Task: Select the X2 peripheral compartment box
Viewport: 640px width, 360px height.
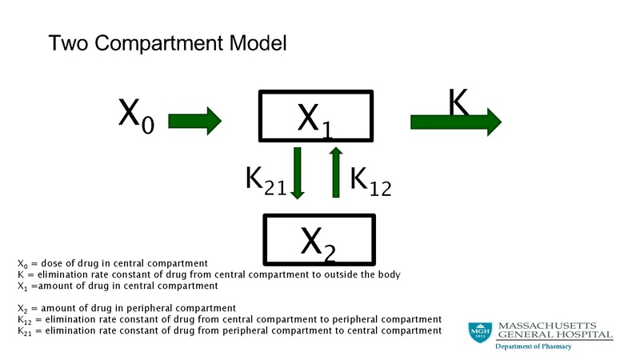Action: pos(319,238)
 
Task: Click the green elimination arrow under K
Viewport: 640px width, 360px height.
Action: pos(455,122)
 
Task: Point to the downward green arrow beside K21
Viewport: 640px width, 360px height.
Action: pos(297,172)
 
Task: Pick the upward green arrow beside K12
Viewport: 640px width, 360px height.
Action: pos(337,172)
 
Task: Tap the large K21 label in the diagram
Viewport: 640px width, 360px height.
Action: pos(266,182)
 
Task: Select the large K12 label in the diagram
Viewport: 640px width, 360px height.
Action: pos(370,182)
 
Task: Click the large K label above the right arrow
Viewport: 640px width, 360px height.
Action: pos(458,102)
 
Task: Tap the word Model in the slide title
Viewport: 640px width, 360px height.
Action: pos(258,43)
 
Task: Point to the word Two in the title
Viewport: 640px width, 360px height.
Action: pos(67,43)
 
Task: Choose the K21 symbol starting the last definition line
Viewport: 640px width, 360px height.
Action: pos(23,330)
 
